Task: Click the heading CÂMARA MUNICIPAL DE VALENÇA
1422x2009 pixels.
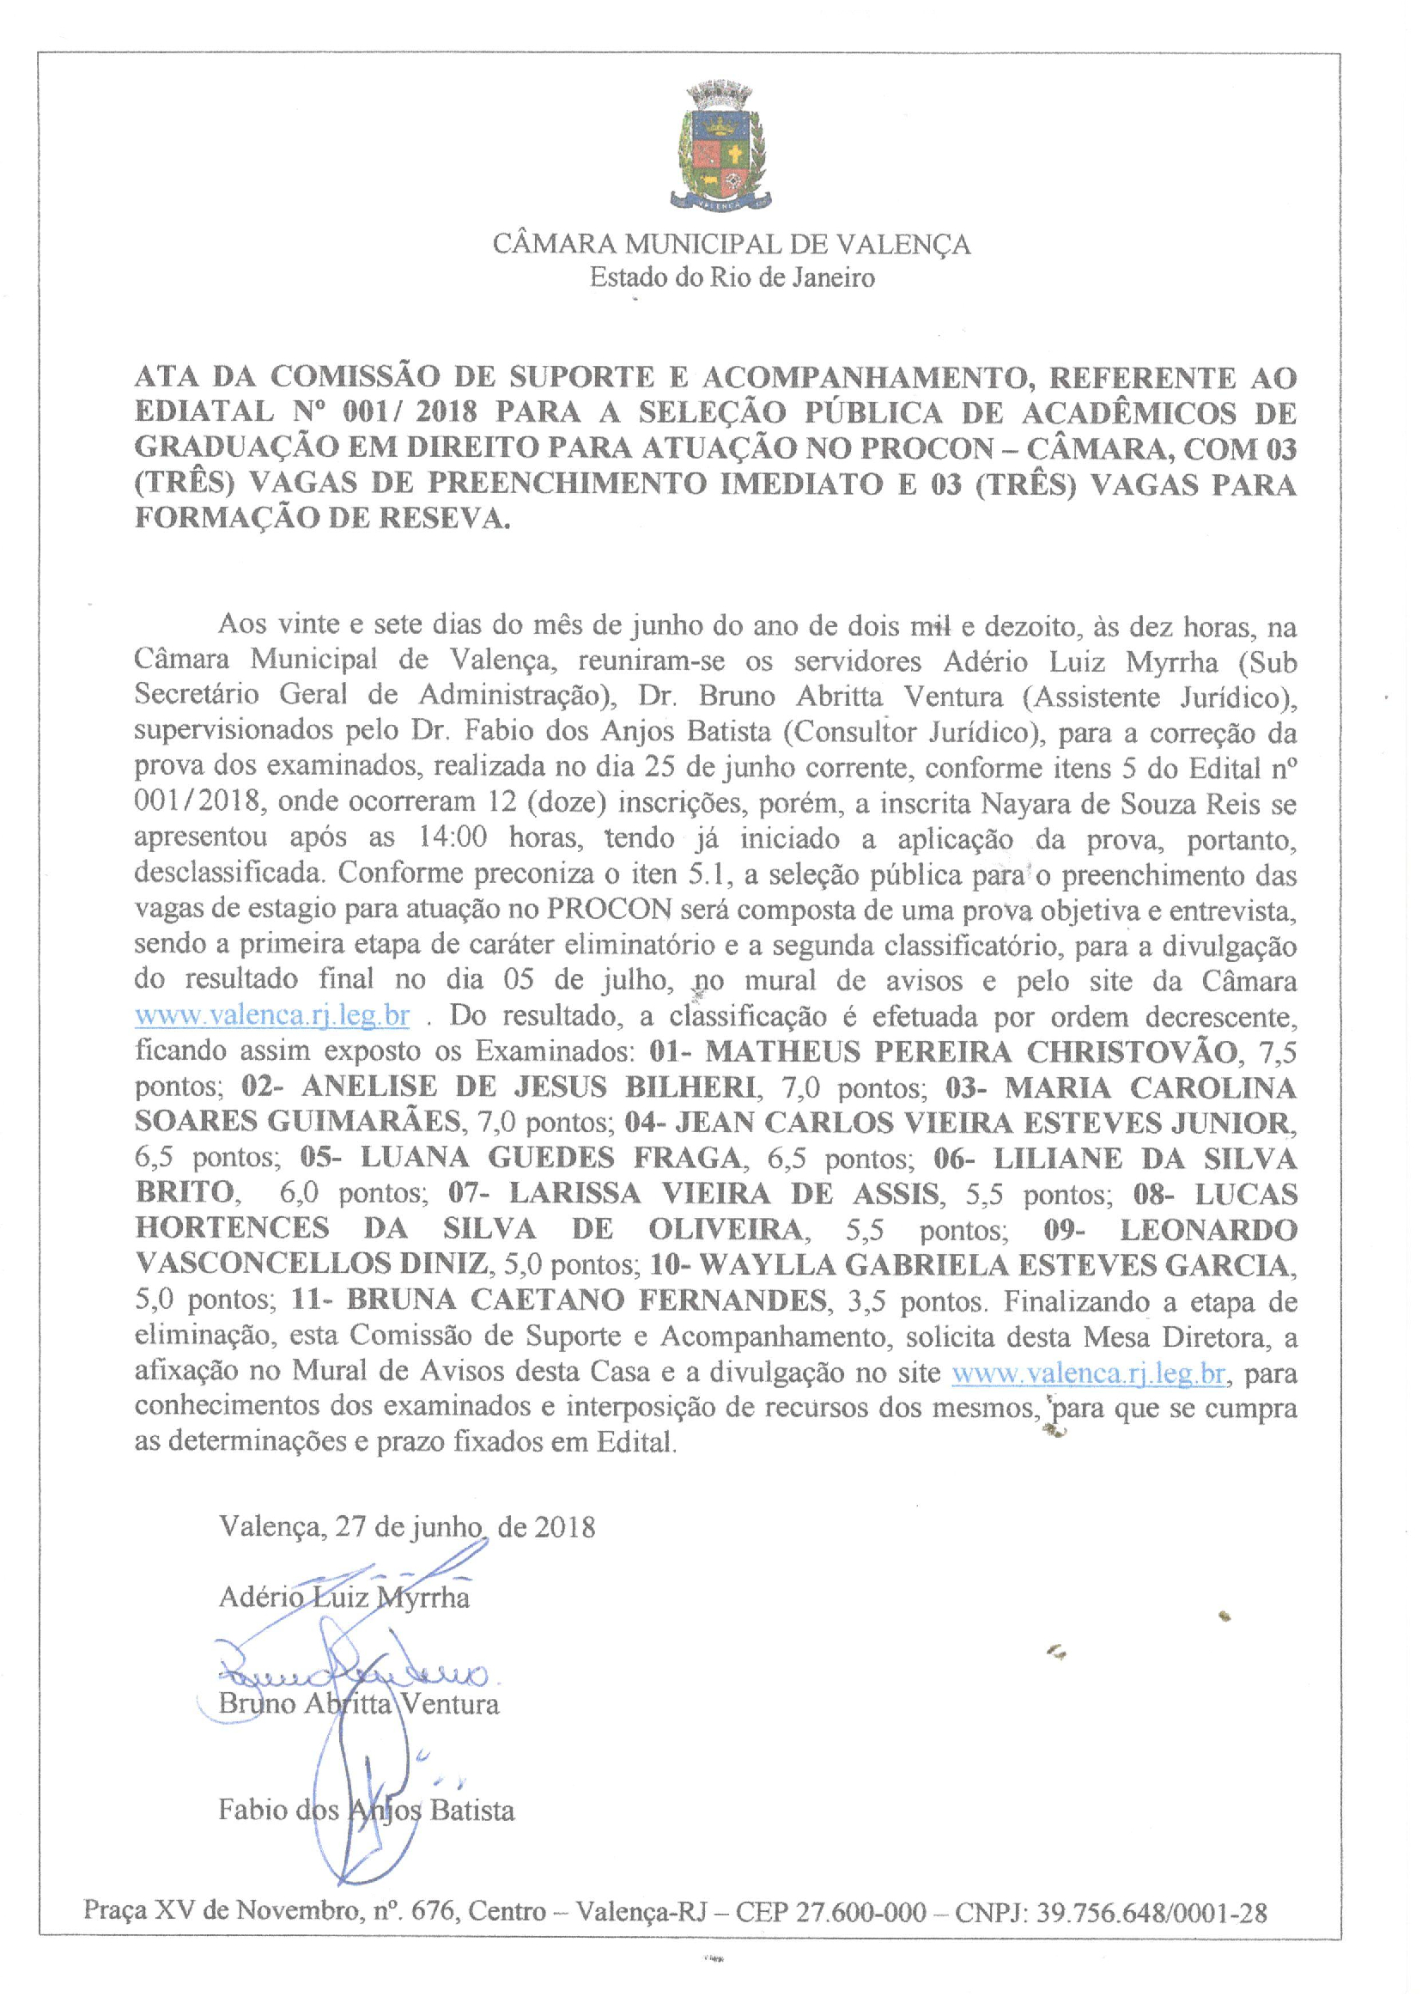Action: [x=731, y=243]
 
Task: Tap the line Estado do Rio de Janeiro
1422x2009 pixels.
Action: [x=731, y=278]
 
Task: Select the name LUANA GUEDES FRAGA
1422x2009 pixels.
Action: [x=550, y=1158]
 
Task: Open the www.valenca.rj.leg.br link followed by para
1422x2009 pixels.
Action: [x=1088, y=1373]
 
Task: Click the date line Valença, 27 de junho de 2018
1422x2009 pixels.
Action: [x=407, y=1527]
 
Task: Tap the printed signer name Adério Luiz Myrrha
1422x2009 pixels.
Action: [x=344, y=1598]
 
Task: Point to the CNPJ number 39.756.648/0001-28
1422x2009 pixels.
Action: [x=1152, y=1913]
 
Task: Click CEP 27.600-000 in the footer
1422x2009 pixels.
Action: [x=830, y=1913]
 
